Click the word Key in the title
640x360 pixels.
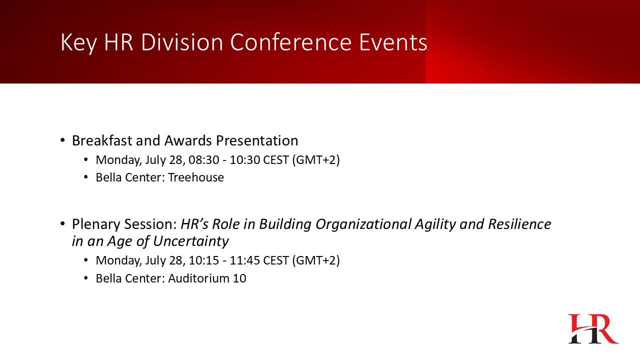[x=78, y=43]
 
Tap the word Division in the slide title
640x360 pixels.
[x=181, y=42]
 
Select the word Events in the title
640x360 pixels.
[x=393, y=42]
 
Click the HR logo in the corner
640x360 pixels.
[x=593, y=328]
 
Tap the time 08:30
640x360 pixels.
[x=203, y=160]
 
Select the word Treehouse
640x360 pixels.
[x=196, y=177]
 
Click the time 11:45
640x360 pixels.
[x=245, y=260]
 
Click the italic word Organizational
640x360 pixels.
[x=363, y=224]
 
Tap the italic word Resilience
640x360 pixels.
[x=519, y=224]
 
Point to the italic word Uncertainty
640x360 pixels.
[x=191, y=241]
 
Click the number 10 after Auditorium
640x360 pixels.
[x=239, y=278]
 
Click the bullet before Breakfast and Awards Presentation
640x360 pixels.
[x=62, y=140]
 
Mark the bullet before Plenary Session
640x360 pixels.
[x=62, y=224]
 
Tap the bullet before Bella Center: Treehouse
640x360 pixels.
[x=86, y=177]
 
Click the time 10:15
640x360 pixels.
[x=203, y=260]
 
